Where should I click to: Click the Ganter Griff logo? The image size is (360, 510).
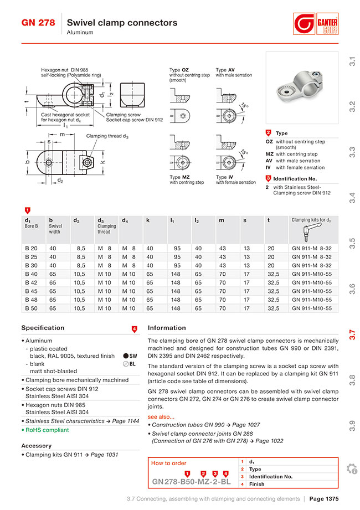coord(316,24)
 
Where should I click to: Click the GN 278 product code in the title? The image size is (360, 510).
coord(38,23)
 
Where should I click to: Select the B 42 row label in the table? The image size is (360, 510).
coord(31,282)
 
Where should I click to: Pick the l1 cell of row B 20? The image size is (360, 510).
coord(177,248)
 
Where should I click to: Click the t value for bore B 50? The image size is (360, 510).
coord(273,308)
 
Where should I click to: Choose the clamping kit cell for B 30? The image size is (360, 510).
coord(312,265)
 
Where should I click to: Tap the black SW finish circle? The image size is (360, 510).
coord(126,356)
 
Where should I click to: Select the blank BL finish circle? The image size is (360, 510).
coord(126,364)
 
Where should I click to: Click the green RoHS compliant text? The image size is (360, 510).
coord(47,430)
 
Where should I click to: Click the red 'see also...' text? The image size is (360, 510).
coord(161,417)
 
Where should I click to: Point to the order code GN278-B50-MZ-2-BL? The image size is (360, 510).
coord(191,482)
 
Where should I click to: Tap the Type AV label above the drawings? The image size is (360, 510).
coord(225,70)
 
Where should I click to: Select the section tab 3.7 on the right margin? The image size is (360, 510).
coord(352,334)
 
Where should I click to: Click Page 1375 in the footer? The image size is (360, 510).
coord(324,498)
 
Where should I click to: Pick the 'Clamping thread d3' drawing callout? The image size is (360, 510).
coord(107,136)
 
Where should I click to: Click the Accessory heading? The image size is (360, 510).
coord(37,446)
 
